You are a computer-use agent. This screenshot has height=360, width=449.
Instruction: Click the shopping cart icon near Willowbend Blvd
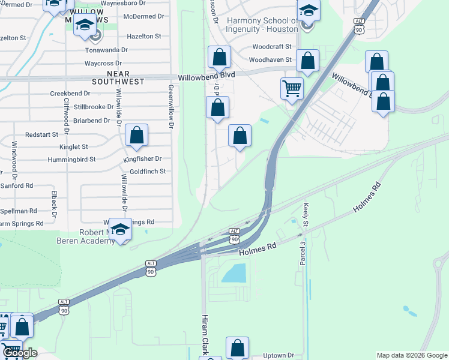[292, 89]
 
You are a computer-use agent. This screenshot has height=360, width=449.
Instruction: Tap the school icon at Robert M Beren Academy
[120, 230]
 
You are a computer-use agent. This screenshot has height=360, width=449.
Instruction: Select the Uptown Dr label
[279, 355]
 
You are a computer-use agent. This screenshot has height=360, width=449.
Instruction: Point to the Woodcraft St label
[271, 46]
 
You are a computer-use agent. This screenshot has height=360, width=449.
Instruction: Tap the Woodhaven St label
[270, 60]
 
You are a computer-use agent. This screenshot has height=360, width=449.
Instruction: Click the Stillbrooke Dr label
[93, 107]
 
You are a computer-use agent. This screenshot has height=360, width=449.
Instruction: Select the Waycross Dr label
[103, 63]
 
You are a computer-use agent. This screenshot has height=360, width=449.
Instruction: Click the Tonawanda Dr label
[107, 50]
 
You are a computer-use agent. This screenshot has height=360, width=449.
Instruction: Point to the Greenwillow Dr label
[170, 107]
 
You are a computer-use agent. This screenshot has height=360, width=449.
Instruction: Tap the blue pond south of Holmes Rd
[234, 274]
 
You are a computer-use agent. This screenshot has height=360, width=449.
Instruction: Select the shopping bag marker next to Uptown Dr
[237, 347]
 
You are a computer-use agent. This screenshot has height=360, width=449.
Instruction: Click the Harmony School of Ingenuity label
[262, 25]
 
